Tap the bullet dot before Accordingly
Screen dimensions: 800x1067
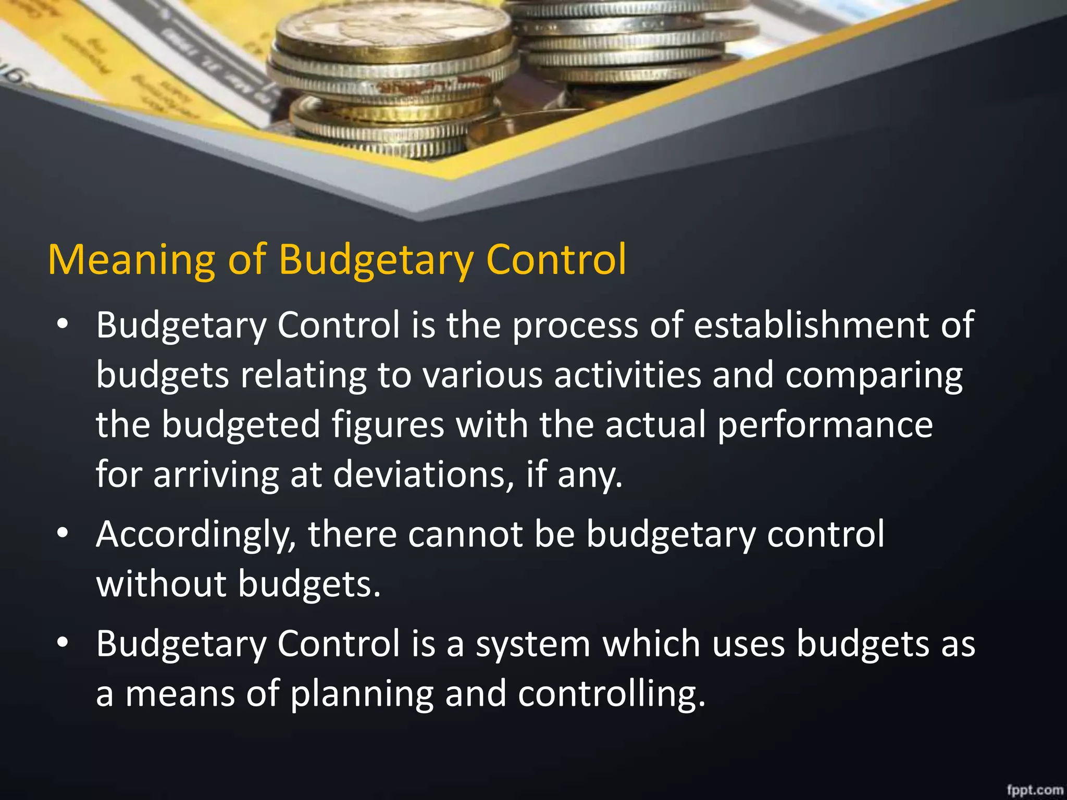click(63, 533)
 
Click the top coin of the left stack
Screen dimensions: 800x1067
click(393, 36)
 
